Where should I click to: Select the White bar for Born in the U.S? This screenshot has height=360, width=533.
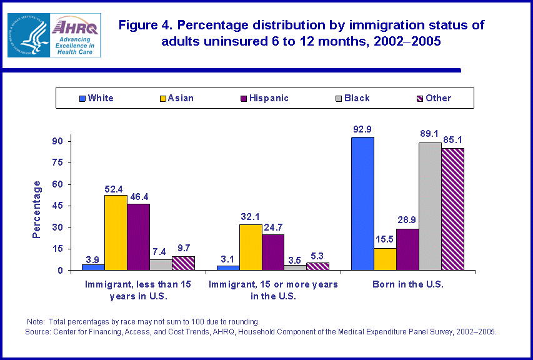362,204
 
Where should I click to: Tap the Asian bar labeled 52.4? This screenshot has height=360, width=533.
116,232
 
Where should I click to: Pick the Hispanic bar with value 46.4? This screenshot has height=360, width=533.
138,237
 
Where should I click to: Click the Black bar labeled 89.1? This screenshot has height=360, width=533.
430,206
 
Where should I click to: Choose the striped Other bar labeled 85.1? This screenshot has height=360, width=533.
452,209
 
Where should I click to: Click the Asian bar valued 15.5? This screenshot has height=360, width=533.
385,259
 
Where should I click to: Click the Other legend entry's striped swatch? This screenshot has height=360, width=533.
420,98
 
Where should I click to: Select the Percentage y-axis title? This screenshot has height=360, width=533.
37,209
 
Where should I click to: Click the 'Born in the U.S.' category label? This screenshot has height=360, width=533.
407,284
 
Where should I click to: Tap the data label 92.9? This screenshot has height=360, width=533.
362,129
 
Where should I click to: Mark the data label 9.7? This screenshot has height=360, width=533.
183,249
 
